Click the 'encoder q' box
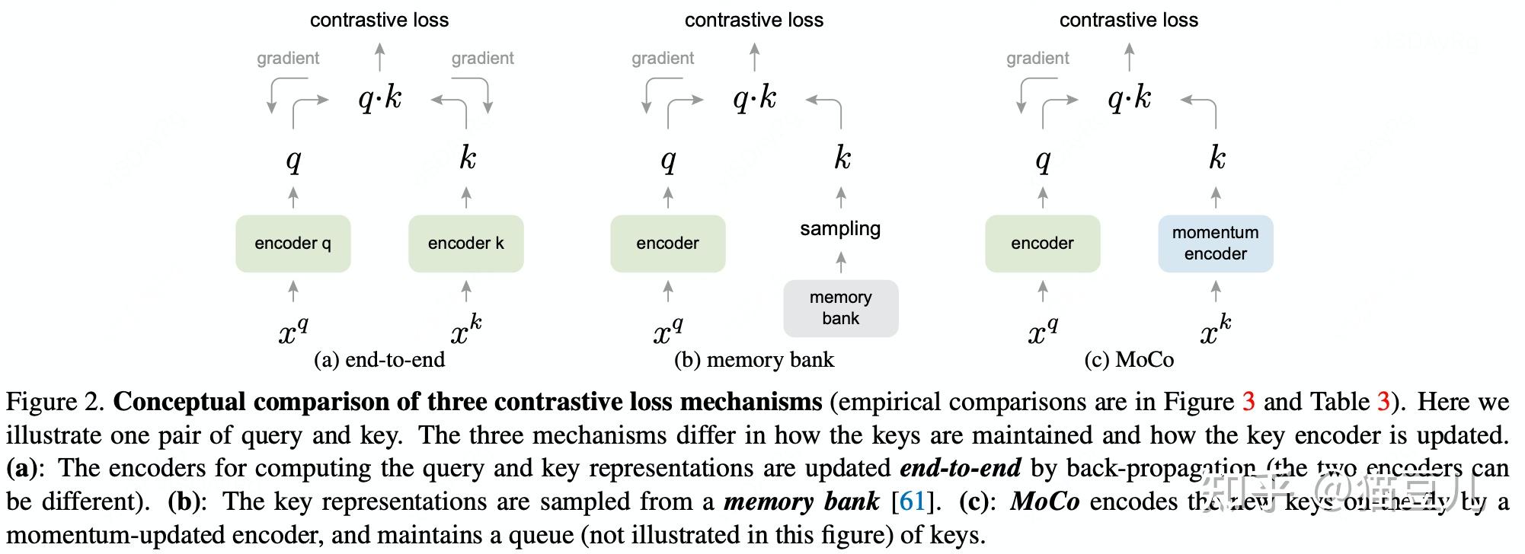tap(293, 244)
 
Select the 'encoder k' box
tap(465, 244)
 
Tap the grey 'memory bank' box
tap(840, 308)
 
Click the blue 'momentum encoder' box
tap(1215, 244)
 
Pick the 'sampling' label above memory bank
tap(840, 228)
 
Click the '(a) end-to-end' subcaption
tap(379, 359)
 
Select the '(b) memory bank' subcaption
tap(754, 359)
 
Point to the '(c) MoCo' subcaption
tap(1129, 359)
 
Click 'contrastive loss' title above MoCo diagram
tap(1129, 20)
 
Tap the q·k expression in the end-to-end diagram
tap(379, 98)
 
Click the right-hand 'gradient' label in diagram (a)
tap(482, 58)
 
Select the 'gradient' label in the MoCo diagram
tap(1037, 58)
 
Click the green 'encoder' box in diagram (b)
tap(667, 244)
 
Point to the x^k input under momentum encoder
tap(1215, 330)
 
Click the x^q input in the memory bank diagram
tap(667, 330)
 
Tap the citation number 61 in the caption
tap(912, 501)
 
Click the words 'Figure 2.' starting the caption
tap(56, 402)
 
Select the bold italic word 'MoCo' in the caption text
tap(1044, 501)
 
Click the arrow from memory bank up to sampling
tap(841, 263)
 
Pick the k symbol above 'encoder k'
tap(467, 158)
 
